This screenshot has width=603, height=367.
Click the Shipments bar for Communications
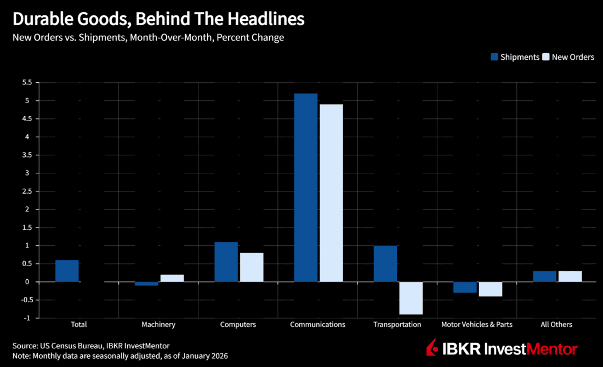click(x=306, y=188)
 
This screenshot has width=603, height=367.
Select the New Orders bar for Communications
click(x=331, y=193)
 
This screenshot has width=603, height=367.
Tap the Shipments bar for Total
click(x=67, y=271)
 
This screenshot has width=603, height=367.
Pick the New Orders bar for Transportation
click(x=411, y=298)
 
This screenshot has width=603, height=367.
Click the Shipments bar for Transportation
click(x=385, y=264)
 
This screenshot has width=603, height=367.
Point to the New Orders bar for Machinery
click(x=172, y=278)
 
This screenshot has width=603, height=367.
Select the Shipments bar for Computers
click(x=226, y=262)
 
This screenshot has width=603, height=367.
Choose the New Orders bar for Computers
click(x=252, y=267)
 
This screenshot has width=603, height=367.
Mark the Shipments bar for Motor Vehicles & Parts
click(x=465, y=287)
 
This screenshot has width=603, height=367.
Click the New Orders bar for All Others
click(x=570, y=276)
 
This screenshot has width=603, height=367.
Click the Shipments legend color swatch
click(x=494, y=57)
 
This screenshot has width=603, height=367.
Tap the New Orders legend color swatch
click(x=545, y=57)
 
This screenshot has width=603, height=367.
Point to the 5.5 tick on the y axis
click(x=27, y=83)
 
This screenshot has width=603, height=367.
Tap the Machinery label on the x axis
click(x=158, y=325)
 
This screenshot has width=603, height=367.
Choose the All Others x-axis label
click(x=556, y=325)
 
